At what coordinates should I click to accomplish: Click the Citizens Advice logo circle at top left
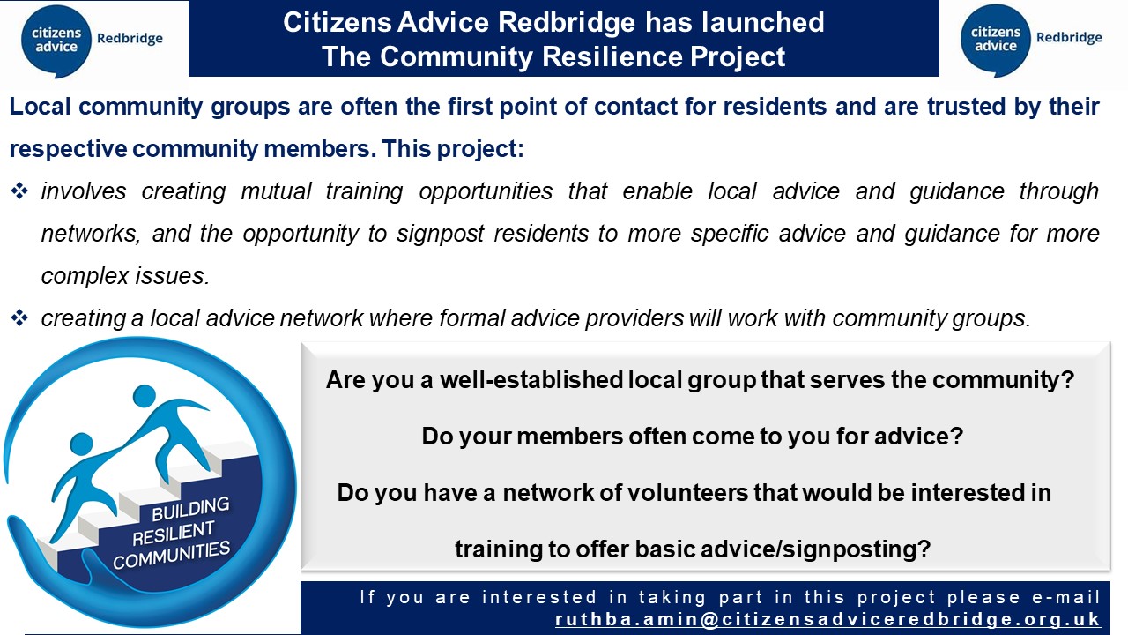pyautogui.click(x=57, y=39)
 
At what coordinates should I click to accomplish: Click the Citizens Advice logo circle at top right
pyautogui.click(x=996, y=39)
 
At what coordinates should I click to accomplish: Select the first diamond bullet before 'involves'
pyautogui.click(x=19, y=191)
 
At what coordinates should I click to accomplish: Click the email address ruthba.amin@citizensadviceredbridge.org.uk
pyautogui.click(x=827, y=619)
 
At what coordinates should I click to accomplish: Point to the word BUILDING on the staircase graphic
pyautogui.click(x=190, y=509)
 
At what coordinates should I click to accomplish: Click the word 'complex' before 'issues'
pyautogui.click(x=82, y=276)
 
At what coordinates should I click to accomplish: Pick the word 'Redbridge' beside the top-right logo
pyautogui.click(x=1069, y=38)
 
